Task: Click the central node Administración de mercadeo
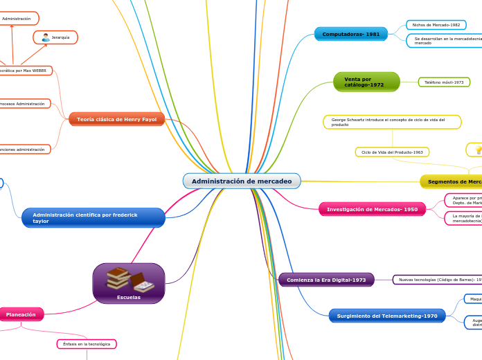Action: click(x=242, y=181)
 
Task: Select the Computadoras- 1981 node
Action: click(x=350, y=34)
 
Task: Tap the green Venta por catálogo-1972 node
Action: click(x=366, y=82)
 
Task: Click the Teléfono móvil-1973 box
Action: click(x=444, y=82)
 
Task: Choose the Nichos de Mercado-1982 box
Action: click(x=436, y=25)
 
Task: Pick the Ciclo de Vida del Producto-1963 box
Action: click(x=392, y=152)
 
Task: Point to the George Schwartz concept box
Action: click(x=391, y=122)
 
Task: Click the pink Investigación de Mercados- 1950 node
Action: click(x=372, y=208)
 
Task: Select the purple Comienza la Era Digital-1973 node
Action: click(x=326, y=280)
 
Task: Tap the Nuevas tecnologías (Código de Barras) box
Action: click(x=438, y=280)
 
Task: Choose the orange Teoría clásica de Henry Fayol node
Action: click(x=116, y=119)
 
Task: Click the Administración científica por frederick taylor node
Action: click(x=93, y=218)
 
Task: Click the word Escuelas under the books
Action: click(x=129, y=297)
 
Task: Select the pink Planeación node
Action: click(x=21, y=314)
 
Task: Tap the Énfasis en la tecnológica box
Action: click(x=87, y=344)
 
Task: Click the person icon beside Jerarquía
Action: click(x=45, y=37)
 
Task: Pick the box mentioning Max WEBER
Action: click(x=24, y=71)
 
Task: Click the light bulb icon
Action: click(x=477, y=150)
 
